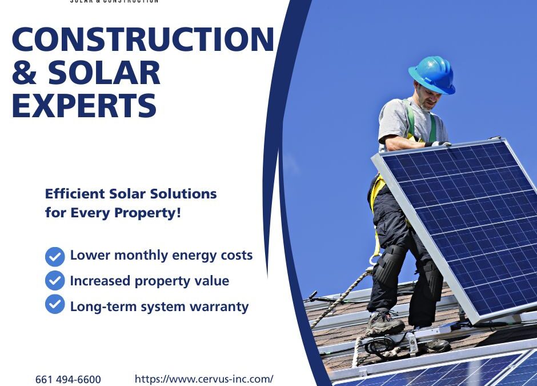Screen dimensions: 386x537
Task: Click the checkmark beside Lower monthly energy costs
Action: (55, 256)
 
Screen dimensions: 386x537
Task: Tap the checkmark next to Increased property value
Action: (55, 281)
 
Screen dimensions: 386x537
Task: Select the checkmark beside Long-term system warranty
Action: (55, 305)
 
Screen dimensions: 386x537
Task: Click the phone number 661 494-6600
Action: (68, 380)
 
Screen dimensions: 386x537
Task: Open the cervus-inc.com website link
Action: (204, 379)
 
